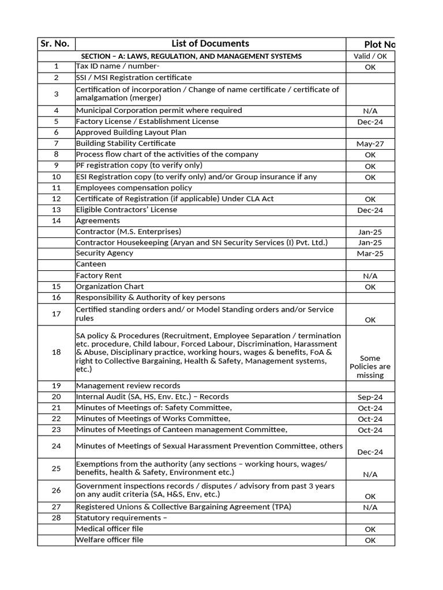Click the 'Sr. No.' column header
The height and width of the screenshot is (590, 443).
pos(56,44)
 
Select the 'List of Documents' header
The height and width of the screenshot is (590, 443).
pos(210,44)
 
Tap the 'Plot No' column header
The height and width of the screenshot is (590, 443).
pos(380,45)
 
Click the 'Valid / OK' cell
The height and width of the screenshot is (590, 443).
pos(370,56)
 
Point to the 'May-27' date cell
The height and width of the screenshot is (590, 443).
pos(370,144)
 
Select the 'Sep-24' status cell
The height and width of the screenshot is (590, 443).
pos(370,397)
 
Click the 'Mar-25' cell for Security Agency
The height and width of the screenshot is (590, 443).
pos(370,254)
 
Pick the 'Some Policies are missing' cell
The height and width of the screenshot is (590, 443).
pos(370,366)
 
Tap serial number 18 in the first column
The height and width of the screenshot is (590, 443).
pos(56,352)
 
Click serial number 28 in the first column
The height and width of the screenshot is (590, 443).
pos(56,518)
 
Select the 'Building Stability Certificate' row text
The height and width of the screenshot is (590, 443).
pos(126,143)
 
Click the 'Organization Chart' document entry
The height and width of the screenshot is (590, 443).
pos(110,286)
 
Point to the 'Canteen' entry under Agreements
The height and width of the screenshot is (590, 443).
pos(91,264)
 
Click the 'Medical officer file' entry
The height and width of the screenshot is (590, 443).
pos(110,529)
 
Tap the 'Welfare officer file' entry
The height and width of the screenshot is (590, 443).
pos(110,540)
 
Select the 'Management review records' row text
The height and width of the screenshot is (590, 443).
pos(128,385)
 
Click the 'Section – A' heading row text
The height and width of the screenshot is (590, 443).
pos(191,56)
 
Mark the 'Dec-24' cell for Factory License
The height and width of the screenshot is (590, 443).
pos(370,122)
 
